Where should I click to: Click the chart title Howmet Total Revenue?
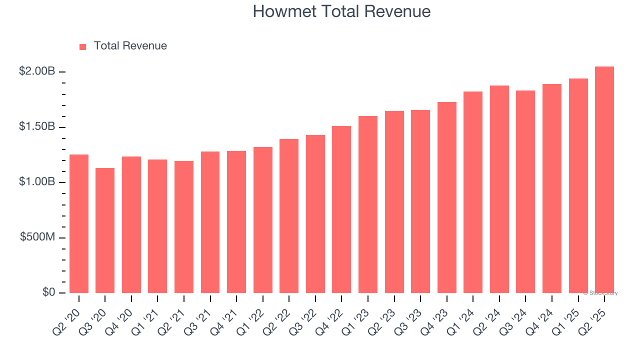[341, 11]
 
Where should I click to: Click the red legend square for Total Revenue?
[83, 46]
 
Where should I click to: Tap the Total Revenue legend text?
[130, 46]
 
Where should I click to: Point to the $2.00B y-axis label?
[37, 71]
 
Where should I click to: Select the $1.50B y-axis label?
[37, 126]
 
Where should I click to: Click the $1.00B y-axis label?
[37, 182]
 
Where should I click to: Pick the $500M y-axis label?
[37, 237]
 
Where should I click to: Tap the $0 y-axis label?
[48, 292]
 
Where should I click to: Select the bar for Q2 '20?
[79, 223]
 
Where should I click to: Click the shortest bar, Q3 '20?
[105, 230]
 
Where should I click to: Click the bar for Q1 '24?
[473, 192]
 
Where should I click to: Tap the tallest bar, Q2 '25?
[604, 179]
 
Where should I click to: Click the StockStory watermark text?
[600, 293]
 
